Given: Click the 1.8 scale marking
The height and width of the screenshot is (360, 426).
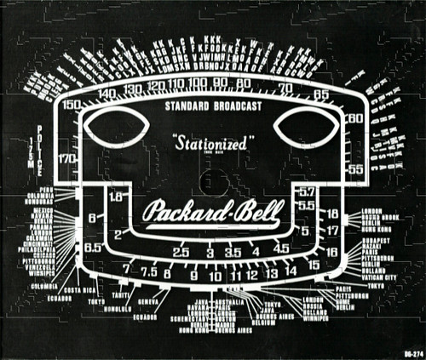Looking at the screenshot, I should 118,197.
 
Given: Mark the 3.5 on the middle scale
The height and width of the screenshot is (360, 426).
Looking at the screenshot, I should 233,253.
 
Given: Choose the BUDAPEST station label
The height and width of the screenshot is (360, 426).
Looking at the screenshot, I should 375,242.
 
